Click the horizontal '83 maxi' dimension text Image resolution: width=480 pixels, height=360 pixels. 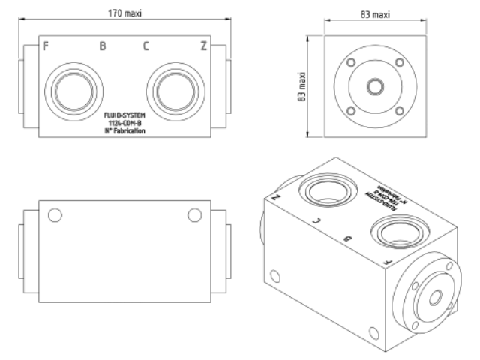point(375,14)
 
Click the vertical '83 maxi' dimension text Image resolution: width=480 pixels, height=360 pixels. point(303,87)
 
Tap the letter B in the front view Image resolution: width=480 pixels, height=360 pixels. point(103,46)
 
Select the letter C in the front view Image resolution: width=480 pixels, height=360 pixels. point(145,46)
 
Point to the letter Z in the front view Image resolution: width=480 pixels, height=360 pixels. point(203,46)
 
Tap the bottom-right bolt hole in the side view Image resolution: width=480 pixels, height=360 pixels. point(399,112)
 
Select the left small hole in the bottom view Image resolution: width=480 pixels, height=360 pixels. point(54,216)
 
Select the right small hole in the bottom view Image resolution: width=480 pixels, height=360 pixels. point(194,216)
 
